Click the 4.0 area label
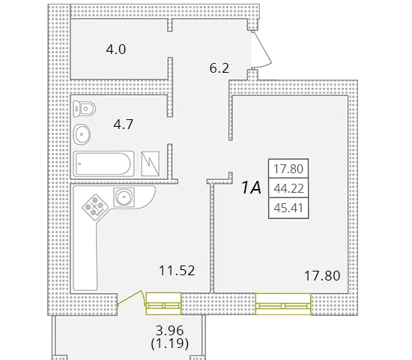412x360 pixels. click(x=116, y=49)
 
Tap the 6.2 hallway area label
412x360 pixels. click(x=219, y=68)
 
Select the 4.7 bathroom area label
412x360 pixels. click(x=124, y=124)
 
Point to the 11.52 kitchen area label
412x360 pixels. click(x=177, y=271)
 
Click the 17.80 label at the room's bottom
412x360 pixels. click(x=322, y=276)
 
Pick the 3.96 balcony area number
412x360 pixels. click(x=170, y=330)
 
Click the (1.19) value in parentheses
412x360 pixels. click(x=170, y=343)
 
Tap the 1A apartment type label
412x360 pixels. click(x=252, y=188)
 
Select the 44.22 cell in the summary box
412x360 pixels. click(x=288, y=188)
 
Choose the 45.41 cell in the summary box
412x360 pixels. click(x=288, y=208)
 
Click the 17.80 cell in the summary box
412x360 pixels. click(x=288, y=169)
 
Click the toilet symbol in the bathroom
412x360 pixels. click(x=84, y=109)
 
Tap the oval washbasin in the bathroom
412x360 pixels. click(x=82, y=134)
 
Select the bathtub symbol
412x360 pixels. click(x=103, y=163)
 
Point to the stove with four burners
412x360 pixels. click(x=95, y=206)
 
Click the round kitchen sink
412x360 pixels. click(x=124, y=196)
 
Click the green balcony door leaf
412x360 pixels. click(x=130, y=298)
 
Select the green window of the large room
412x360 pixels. click(x=283, y=304)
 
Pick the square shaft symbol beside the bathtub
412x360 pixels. click(x=151, y=163)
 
